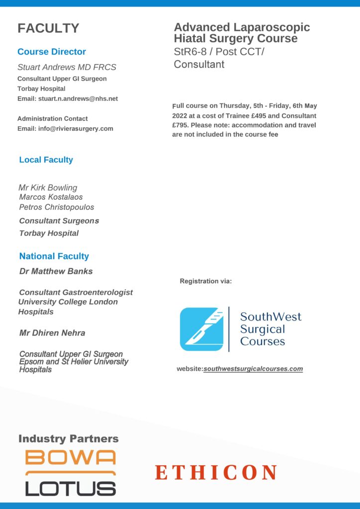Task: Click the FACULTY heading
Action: pyautogui.click(x=48, y=28)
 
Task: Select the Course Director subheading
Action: pyautogui.click(x=52, y=52)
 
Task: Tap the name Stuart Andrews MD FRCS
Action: pyautogui.click(x=67, y=67)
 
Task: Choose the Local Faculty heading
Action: pyautogui.click(x=46, y=160)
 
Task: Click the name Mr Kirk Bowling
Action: pyautogui.click(x=48, y=187)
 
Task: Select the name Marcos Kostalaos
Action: pyautogui.click(x=51, y=197)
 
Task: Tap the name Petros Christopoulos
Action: pyautogui.click(x=56, y=207)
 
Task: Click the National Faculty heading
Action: pyautogui.click(x=54, y=256)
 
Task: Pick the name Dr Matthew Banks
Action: pyautogui.click(x=56, y=271)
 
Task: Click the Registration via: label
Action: pyautogui.click(x=206, y=281)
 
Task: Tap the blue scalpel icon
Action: pyautogui.click(x=201, y=329)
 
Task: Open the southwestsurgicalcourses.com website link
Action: pyautogui.click(x=253, y=369)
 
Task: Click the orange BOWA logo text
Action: pyautogui.click(x=71, y=457)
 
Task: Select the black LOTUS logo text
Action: pyautogui.click(x=71, y=488)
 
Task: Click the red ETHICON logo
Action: pyautogui.click(x=216, y=472)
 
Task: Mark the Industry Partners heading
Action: pyautogui.click(x=69, y=438)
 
